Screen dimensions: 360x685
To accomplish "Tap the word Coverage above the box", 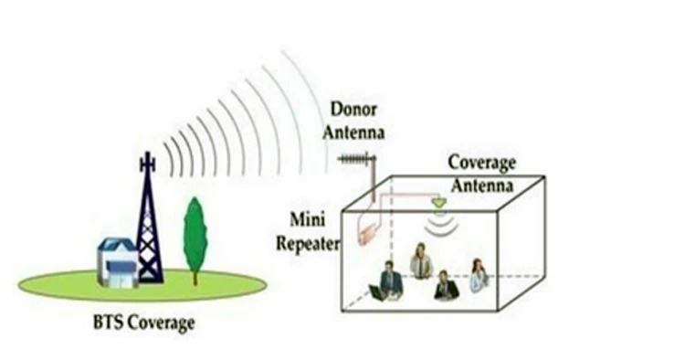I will click(x=481, y=164).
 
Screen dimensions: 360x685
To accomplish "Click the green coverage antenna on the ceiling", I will click(x=440, y=200).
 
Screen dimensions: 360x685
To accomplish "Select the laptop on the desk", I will click(x=375, y=293).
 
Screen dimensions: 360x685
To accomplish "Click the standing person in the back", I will click(x=421, y=261).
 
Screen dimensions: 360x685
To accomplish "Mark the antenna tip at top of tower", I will click(x=146, y=158).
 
